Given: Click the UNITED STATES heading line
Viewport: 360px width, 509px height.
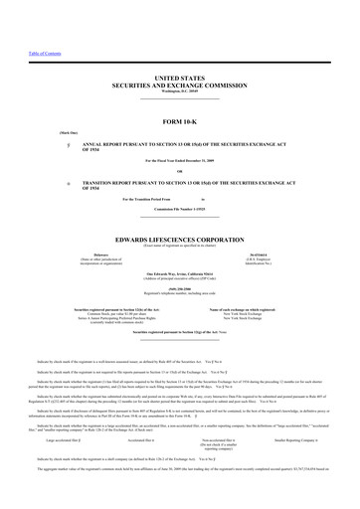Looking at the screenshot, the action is tap(180, 77).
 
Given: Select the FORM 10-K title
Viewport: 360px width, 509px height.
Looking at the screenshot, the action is tap(180, 121).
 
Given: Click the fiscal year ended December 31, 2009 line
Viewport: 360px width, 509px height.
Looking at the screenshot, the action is tap(180, 161).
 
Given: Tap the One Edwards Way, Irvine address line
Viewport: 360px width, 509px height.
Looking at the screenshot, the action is tap(180, 272).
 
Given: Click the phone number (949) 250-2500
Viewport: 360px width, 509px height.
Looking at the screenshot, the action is tap(180, 289).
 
